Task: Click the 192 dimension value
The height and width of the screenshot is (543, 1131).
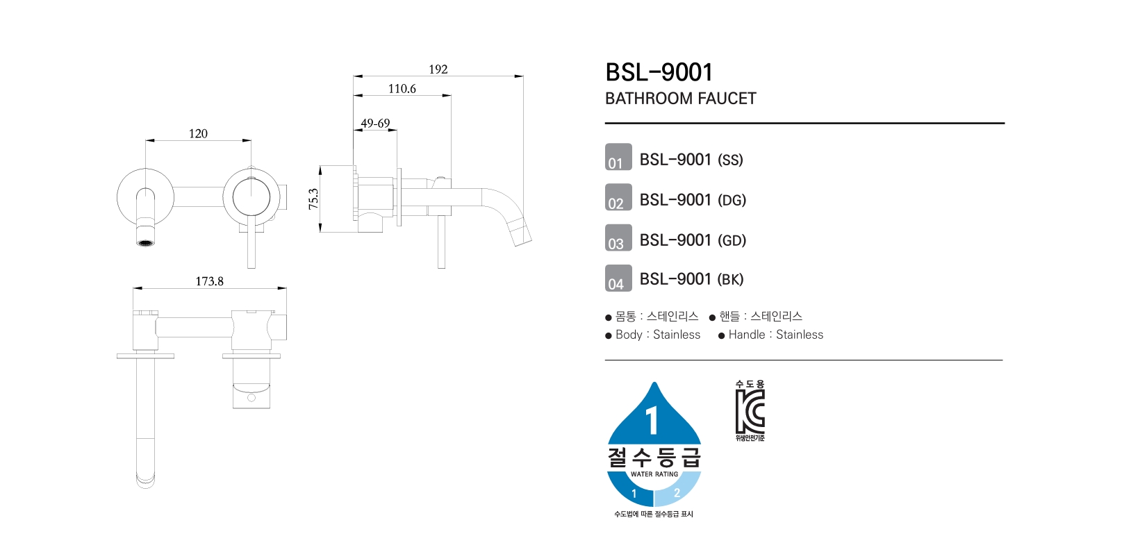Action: (x=438, y=69)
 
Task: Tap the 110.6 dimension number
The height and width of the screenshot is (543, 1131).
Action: (x=402, y=89)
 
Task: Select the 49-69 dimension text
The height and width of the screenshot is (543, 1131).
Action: (x=375, y=123)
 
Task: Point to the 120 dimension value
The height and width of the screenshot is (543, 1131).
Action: (x=198, y=134)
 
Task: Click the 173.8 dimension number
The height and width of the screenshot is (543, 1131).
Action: (x=210, y=281)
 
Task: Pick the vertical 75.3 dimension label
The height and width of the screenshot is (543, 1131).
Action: (x=313, y=199)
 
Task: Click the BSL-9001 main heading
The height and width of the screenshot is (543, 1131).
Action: (x=659, y=72)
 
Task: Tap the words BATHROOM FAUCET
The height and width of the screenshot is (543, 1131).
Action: (x=681, y=99)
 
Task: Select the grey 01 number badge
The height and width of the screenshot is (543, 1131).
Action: (x=618, y=157)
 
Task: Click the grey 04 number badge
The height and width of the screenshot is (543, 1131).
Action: (x=618, y=278)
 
